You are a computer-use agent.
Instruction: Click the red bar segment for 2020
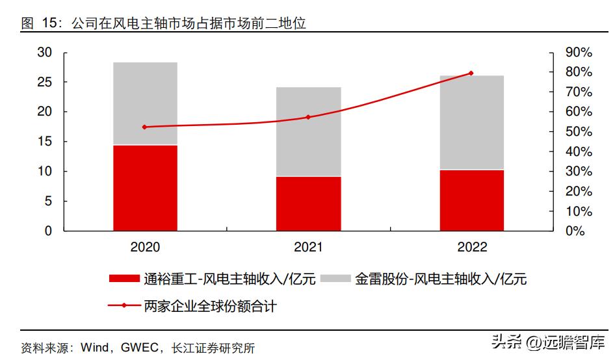(x=145, y=188)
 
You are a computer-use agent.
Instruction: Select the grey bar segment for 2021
(x=308, y=132)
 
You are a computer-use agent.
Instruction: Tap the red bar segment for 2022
(x=472, y=200)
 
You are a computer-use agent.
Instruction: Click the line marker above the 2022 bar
(x=471, y=73)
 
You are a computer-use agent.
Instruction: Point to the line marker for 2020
(x=144, y=127)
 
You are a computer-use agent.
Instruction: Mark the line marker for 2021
(x=308, y=117)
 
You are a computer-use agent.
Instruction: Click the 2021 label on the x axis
(x=308, y=248)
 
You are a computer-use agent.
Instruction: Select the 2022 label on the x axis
(x=472, y=248)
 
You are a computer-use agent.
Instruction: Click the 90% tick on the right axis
(x=578, y=53)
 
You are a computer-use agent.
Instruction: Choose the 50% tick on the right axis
(x=578, y=132)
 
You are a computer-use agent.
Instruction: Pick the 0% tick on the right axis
(x=575, y=231)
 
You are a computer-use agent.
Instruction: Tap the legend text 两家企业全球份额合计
(x=211, y=305)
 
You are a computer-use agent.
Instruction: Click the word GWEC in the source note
(x=141, y=348)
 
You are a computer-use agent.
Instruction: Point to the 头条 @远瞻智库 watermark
(x=547, y=341)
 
